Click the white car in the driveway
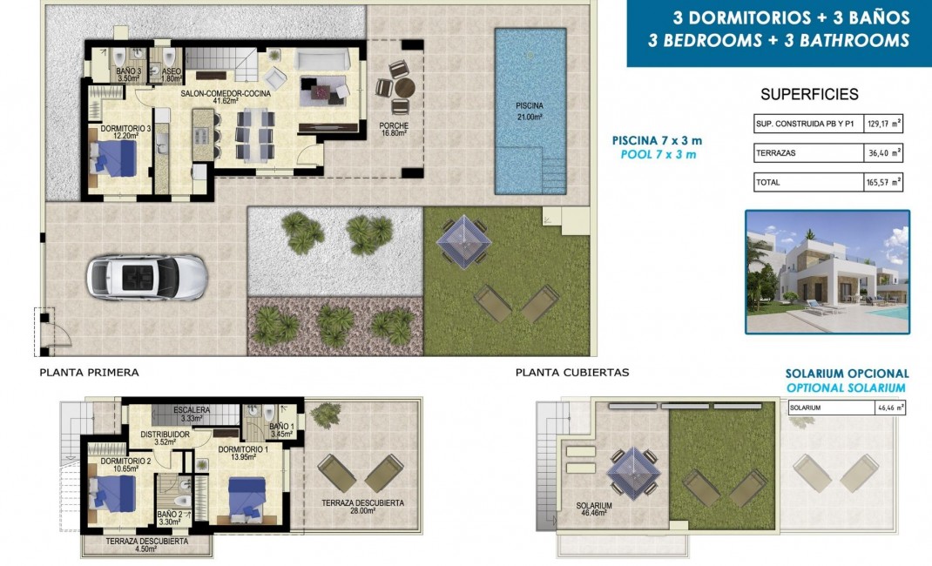coord(146,278)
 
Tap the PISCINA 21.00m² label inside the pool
coord(529,111)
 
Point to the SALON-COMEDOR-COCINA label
coord(225,95)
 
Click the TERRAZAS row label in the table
coord(777,153)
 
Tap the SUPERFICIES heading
coord(809,95)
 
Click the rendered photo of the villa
coord(827,272)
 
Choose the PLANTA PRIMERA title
coord(89,373)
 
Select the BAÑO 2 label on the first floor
coord(170,519)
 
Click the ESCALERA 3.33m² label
coord(190,414)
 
